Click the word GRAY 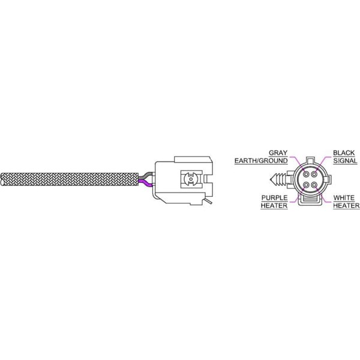(278, 152)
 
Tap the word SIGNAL (346, 161)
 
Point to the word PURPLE (274, 197)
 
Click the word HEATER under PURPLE (274, 206)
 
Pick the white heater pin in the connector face (314, 184)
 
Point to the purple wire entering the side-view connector (145, 183)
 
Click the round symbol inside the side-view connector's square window (189, 179)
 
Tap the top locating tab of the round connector (309, 160)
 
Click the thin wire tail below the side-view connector (207, 205)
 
